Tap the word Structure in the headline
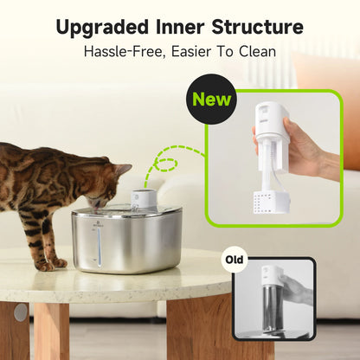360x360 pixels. coord(258,26)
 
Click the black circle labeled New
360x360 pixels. coord(213,100)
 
